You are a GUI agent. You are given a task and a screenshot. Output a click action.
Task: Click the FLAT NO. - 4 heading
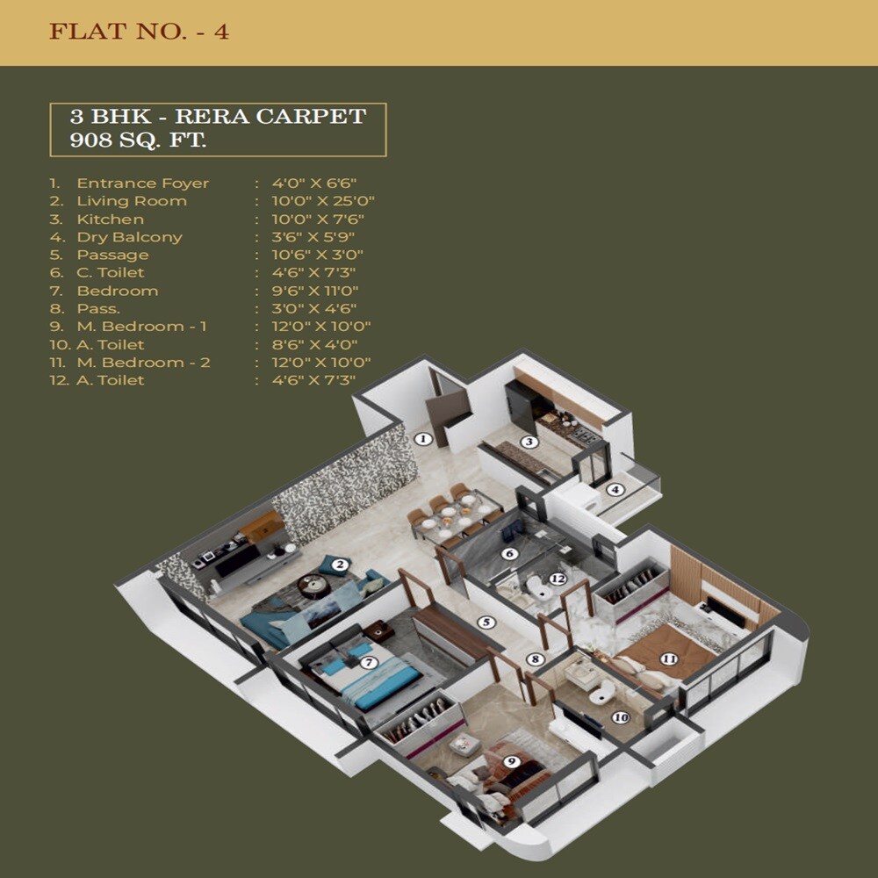pyautogui.click(x=139, y=32)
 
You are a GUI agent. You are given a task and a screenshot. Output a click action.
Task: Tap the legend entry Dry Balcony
pyautogui.click(x=129, y=237)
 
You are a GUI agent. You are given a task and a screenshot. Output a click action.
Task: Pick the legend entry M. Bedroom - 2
pyautogui.click(x=143, y=363)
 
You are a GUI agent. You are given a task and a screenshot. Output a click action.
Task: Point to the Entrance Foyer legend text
pyautogui.click(x=142, y=184)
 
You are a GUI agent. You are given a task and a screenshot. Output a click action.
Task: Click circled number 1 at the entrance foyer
pyautogui.click(x=423, y=439)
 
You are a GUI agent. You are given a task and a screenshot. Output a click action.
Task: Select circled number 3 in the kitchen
pyautogui.click(x=529, y=442)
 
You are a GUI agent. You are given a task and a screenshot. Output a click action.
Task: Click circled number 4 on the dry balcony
pyautogui.click(x=615, y=490)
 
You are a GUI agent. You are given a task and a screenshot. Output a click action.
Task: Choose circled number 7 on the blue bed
pyautogui.click(x=369, y=663)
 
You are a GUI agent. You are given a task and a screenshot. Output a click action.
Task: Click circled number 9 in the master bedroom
pyautogui.click(x=511, y=761)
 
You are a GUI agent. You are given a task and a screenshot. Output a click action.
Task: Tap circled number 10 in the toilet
pyautogui.click(x=621, y=717)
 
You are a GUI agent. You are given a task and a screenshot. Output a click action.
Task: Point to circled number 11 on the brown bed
pyautogui.click(x=669, y=658)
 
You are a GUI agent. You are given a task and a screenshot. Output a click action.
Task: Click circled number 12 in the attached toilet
pyautogui.click(x=556, y=579)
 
